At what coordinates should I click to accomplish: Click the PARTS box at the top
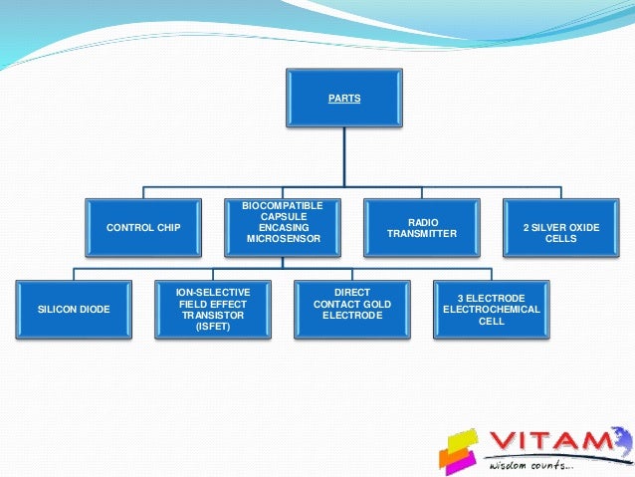pyautogui.click(x=344, y=99)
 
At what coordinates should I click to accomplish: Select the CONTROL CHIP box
pyautogui.click(x=143, y=228)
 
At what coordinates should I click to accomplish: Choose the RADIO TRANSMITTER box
pyautogui.click(x=422, y=228)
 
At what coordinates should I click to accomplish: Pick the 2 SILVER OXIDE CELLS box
pyautogui.click(x=561, y=233)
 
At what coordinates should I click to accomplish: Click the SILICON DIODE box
pyautogui.click(x=74, y=310)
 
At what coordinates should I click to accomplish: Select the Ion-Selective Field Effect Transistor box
pyautogui.click(x=213, y=309)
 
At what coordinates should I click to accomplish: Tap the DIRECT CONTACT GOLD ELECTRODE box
pyautogui.click(x=352, y=304)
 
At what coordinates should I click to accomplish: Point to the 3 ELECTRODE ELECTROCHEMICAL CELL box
pyautogui.click(x=492, y=310)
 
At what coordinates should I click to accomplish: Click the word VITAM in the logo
pyautogui.click(x=557, y=441)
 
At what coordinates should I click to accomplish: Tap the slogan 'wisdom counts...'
pyautogui.click(x=531, y=465)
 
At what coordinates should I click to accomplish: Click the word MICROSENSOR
pyautogui.click(x=284, y=239)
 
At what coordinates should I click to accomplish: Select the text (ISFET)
pyautogui.click(x=213, y=327)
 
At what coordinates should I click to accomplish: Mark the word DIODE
pyautogui.click(x=94, y=310)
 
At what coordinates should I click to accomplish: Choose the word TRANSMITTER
pyautogui.click(x=422, y=234)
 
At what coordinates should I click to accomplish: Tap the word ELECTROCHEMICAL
pyautogui.click(x=492, y=310)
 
